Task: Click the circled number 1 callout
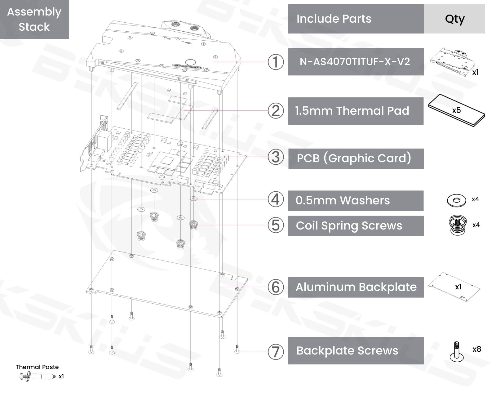coord(275,62)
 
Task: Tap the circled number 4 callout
coord(275,199)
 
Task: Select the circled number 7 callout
coord(275,352)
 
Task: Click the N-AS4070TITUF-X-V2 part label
coord(355,62)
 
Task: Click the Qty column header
coord(454,19)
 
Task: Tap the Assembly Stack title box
coord(34,19)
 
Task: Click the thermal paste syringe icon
coord(37,377)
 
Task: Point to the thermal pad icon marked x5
coord(456,111)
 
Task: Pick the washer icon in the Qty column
coord(456,200)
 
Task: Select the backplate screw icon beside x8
coord(457,352)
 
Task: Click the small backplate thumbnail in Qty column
coord(454,287)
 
